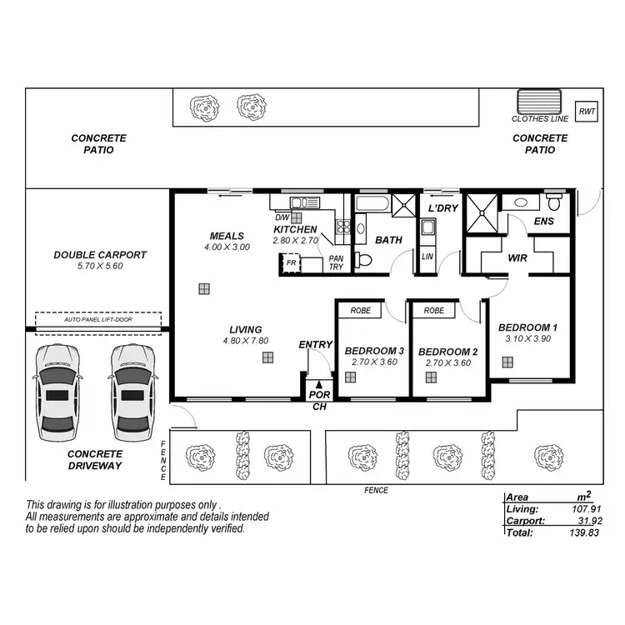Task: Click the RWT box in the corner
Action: click(587, 111)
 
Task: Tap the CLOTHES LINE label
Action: click(540, 119)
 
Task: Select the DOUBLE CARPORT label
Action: click(100, 255)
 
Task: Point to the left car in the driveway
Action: click(57, 393)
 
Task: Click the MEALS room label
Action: click(227, 236)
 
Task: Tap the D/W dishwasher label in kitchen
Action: click(282, 217)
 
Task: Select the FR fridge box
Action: click(291, 262)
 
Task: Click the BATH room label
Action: click(388, 240)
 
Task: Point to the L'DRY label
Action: click(443, 207)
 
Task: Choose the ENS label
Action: click(543, 221)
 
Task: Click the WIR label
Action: click(518, 258)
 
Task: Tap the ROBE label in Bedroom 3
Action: click(361, 310)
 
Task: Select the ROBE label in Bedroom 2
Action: click(433, 310)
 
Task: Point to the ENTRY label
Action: click(315, 344)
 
